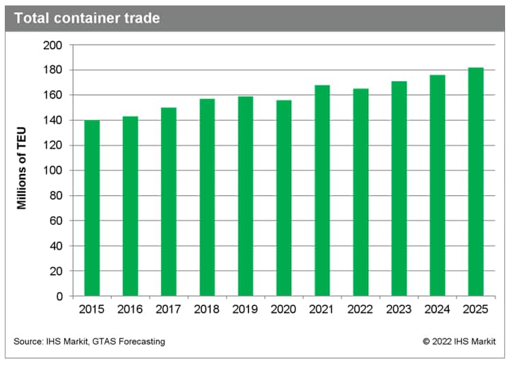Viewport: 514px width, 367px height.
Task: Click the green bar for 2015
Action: coord(91,208)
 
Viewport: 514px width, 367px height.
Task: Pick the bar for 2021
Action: coord(322,190)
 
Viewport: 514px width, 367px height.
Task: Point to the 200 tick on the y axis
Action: coord(53,45)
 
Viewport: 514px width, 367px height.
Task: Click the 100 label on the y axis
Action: coord(53,171)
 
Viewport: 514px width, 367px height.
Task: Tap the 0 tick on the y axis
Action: coord(59,296)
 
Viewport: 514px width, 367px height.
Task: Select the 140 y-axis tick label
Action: coord(53,120)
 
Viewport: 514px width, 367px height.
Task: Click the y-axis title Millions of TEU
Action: coord(22,171)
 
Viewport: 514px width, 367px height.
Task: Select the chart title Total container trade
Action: coord(87,18)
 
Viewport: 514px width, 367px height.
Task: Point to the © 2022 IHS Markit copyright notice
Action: coord(459,341)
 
